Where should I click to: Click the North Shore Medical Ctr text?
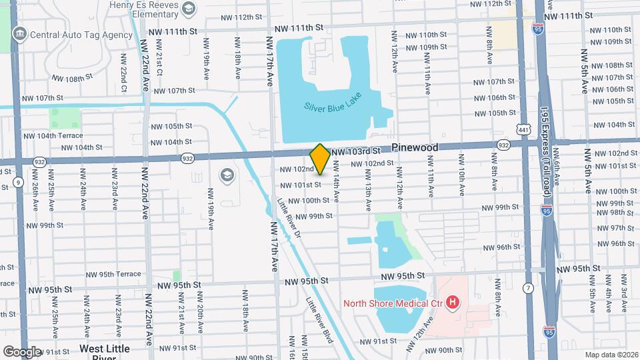(393, 304)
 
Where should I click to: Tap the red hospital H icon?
(453, 304)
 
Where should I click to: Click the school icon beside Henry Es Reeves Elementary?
(189, 9)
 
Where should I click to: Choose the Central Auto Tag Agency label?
(80, 34)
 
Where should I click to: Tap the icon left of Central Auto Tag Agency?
(19, 34)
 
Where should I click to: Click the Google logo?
(21, 351)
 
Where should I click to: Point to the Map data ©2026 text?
(611, 354)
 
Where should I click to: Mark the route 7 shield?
(528, 288)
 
